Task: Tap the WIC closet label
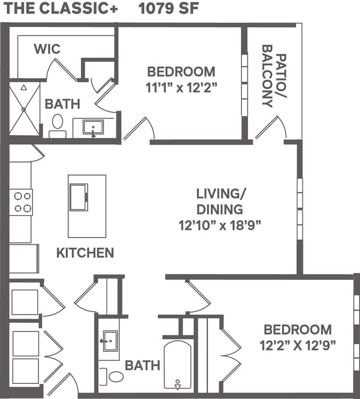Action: [47, 49]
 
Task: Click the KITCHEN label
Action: [85, 253]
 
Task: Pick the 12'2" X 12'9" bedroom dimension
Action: [298, 345]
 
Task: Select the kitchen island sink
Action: [78, 197]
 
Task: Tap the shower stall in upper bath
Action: [25, 109]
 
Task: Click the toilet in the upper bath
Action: [58, 125]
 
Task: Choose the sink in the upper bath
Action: [93, 127]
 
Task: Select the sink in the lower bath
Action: [110, 340]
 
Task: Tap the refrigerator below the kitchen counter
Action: [24, 259]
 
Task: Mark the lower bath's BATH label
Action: [142, 365]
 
